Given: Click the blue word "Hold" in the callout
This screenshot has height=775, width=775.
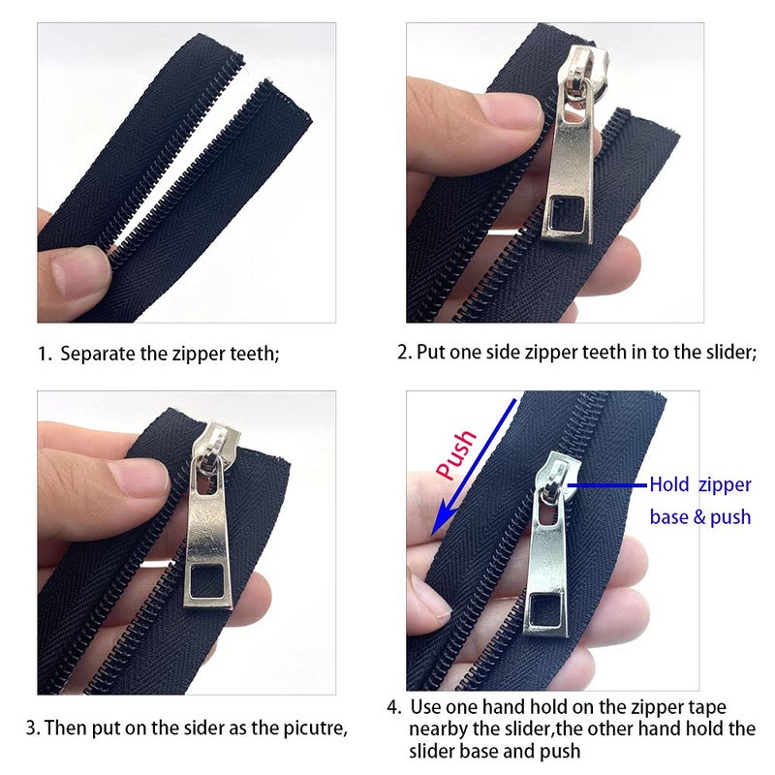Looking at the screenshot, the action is [x=668, y=485].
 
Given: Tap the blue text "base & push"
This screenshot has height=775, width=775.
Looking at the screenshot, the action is [x=700, y=517].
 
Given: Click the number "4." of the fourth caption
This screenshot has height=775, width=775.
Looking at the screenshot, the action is [x=394, y=707].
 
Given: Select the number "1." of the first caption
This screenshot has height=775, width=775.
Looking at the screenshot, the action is [x=45, y=355].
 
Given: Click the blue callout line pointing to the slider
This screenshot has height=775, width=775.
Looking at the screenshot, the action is [x=607, y=485].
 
